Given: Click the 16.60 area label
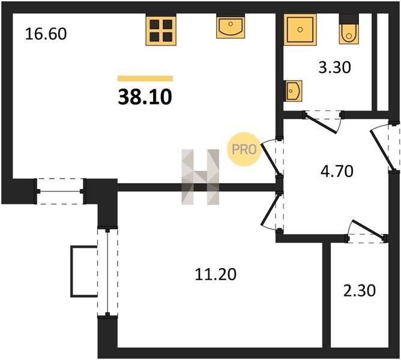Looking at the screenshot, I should pyautogui.click(x=45, y=33).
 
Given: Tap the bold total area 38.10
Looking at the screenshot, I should pyautogui.click(x=145, y=97).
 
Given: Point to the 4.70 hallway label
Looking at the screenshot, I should pyautogui.click(x=337, y=170).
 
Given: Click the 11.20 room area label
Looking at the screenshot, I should pyautogui.click(x=216, y=275).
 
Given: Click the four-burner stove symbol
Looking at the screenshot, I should pyautogui.click(x=161, y=30).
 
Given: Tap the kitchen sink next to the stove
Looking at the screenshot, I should pyautogui.click(x=229, y=28).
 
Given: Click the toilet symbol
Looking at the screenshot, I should pyautogui.click(x=349, y=32).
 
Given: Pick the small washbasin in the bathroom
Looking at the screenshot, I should pyautogui.click(x=294, y=91).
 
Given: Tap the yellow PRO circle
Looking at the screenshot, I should pyautogui.click(x=244, y=149).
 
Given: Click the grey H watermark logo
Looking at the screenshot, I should pyautogui.click(x=200, y=177).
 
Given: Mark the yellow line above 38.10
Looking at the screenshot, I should pyautogui.click(x=145, y=79).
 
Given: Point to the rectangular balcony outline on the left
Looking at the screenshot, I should pyautogui.click(x=82, y=271).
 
